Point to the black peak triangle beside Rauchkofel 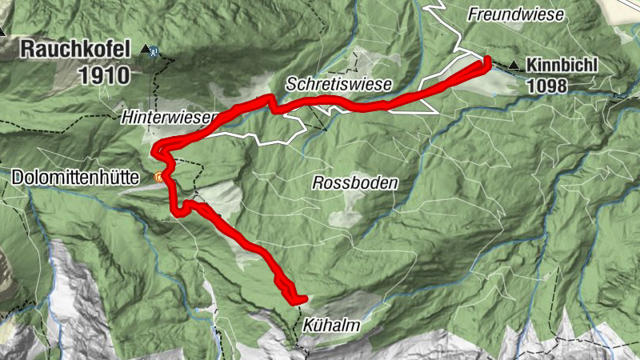[144, 50]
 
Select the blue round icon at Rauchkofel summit [154, 50]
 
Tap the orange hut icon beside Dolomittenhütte [159, 177]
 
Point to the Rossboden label [355, 183]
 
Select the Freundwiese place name [516, 14]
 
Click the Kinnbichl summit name [562, 67]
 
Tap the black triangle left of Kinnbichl [512, 68]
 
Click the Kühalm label [331, 326]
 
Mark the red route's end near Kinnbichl [486, 62]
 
